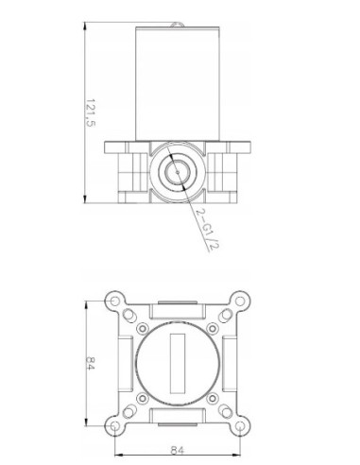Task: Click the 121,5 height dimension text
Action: click(90, 112)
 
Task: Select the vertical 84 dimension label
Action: click(90, 363)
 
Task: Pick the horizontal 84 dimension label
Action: click(177, 450)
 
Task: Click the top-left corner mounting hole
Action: click(114, 301)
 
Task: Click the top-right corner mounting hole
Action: click(240, 301)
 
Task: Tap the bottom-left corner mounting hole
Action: click(114, 426)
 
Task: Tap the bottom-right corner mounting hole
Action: click(240, 426)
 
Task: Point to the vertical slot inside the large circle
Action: click(178, 363)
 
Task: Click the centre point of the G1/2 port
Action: click(178, 172)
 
